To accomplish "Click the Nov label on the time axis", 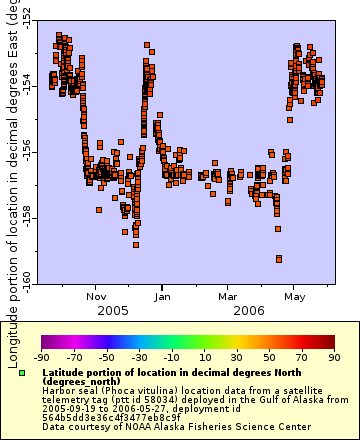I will pyautogui.click(x=97, y=296).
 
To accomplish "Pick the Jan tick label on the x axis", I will pyautogui.click(x=163, y=296).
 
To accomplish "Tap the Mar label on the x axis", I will pyautogui.click(x=228, y=296).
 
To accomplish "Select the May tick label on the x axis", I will pyautogui.click(x=295, y=296).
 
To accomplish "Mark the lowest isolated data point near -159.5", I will pyautogui.click(x=279, y=259).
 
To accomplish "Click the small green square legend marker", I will pyautogui.click(x=22, y=373).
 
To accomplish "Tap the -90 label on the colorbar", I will pyautogui.click(x=42, y=356).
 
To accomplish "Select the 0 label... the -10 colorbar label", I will pyautogui.click(x=172, y=356).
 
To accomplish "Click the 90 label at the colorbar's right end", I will pyautogui.click(x=334, y=356).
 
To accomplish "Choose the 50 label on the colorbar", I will pyautogui.click(x=269, y=356).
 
